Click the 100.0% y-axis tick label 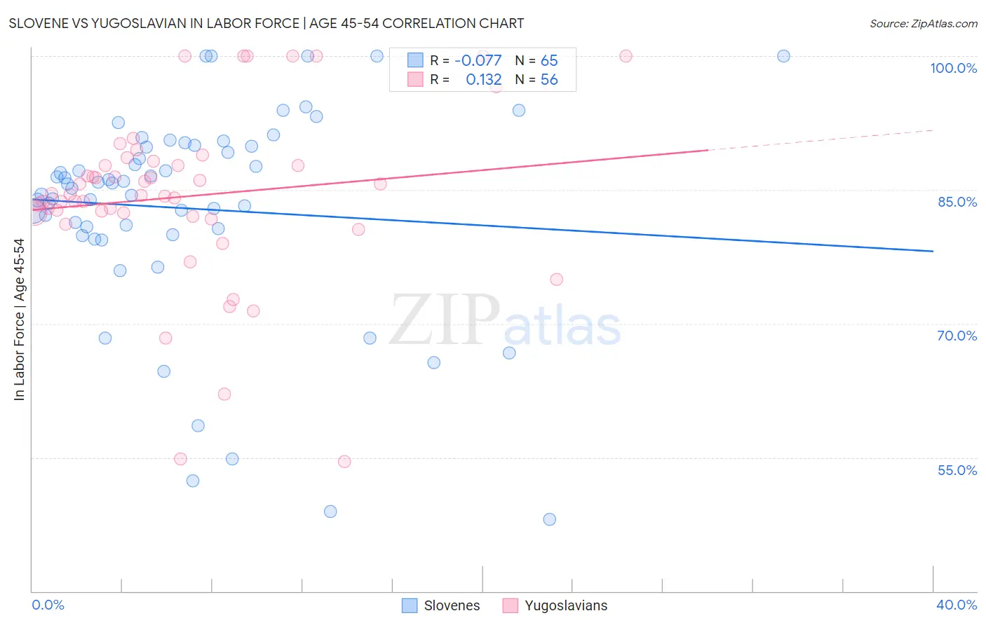click(953, 68)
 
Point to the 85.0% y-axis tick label click(957, 202)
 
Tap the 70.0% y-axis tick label click(957, 336)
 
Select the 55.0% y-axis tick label click(957, 470)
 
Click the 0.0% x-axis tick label click(48, 605)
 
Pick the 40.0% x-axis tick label click(957, 605)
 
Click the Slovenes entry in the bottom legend click(452, 605)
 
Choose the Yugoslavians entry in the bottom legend click(566, 605)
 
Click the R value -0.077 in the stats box click(478, 60)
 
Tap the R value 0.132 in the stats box click(484, 80)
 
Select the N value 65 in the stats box click(549, 60)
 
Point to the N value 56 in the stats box click(549, 80)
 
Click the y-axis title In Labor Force click(19, 320)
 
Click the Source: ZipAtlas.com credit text click(923, 24)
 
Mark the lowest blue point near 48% click(549, 519)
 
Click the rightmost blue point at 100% click(783, 56)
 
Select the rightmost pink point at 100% click(626, 56)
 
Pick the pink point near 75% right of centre click(556, 280)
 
